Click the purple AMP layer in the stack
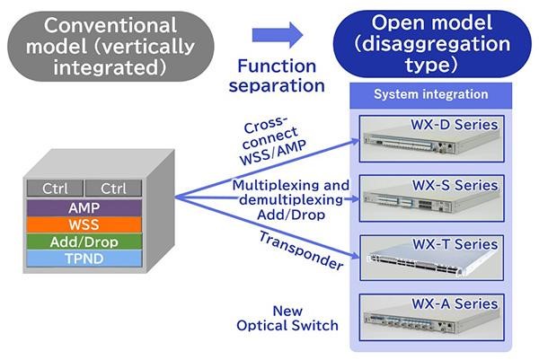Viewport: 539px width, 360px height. [84, 207]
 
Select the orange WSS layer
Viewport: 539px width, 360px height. [84, 224]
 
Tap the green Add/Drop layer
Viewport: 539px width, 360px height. [84, 241]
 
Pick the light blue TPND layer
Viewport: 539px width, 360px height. [84, 259]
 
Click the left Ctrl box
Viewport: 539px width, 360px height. [55, 189]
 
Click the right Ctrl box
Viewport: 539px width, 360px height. [113, 189]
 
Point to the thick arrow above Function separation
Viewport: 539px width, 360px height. [278, 35]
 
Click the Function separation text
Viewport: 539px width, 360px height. [277, 75]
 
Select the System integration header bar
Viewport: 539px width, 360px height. [430, 95]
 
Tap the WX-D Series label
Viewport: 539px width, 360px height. [454, 125]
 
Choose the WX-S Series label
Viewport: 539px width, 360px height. [455, 185]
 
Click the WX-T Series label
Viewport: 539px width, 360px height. [455, 244]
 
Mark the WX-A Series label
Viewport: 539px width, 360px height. [455, 303]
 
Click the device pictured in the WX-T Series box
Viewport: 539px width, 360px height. [432, 261]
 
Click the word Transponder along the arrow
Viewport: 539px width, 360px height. [301, 250]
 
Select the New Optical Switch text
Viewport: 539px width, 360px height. [287, 318]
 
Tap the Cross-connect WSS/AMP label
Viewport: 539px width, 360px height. [271, 141]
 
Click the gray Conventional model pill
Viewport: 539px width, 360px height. [110, 47]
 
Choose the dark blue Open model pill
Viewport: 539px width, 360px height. [432, 44]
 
